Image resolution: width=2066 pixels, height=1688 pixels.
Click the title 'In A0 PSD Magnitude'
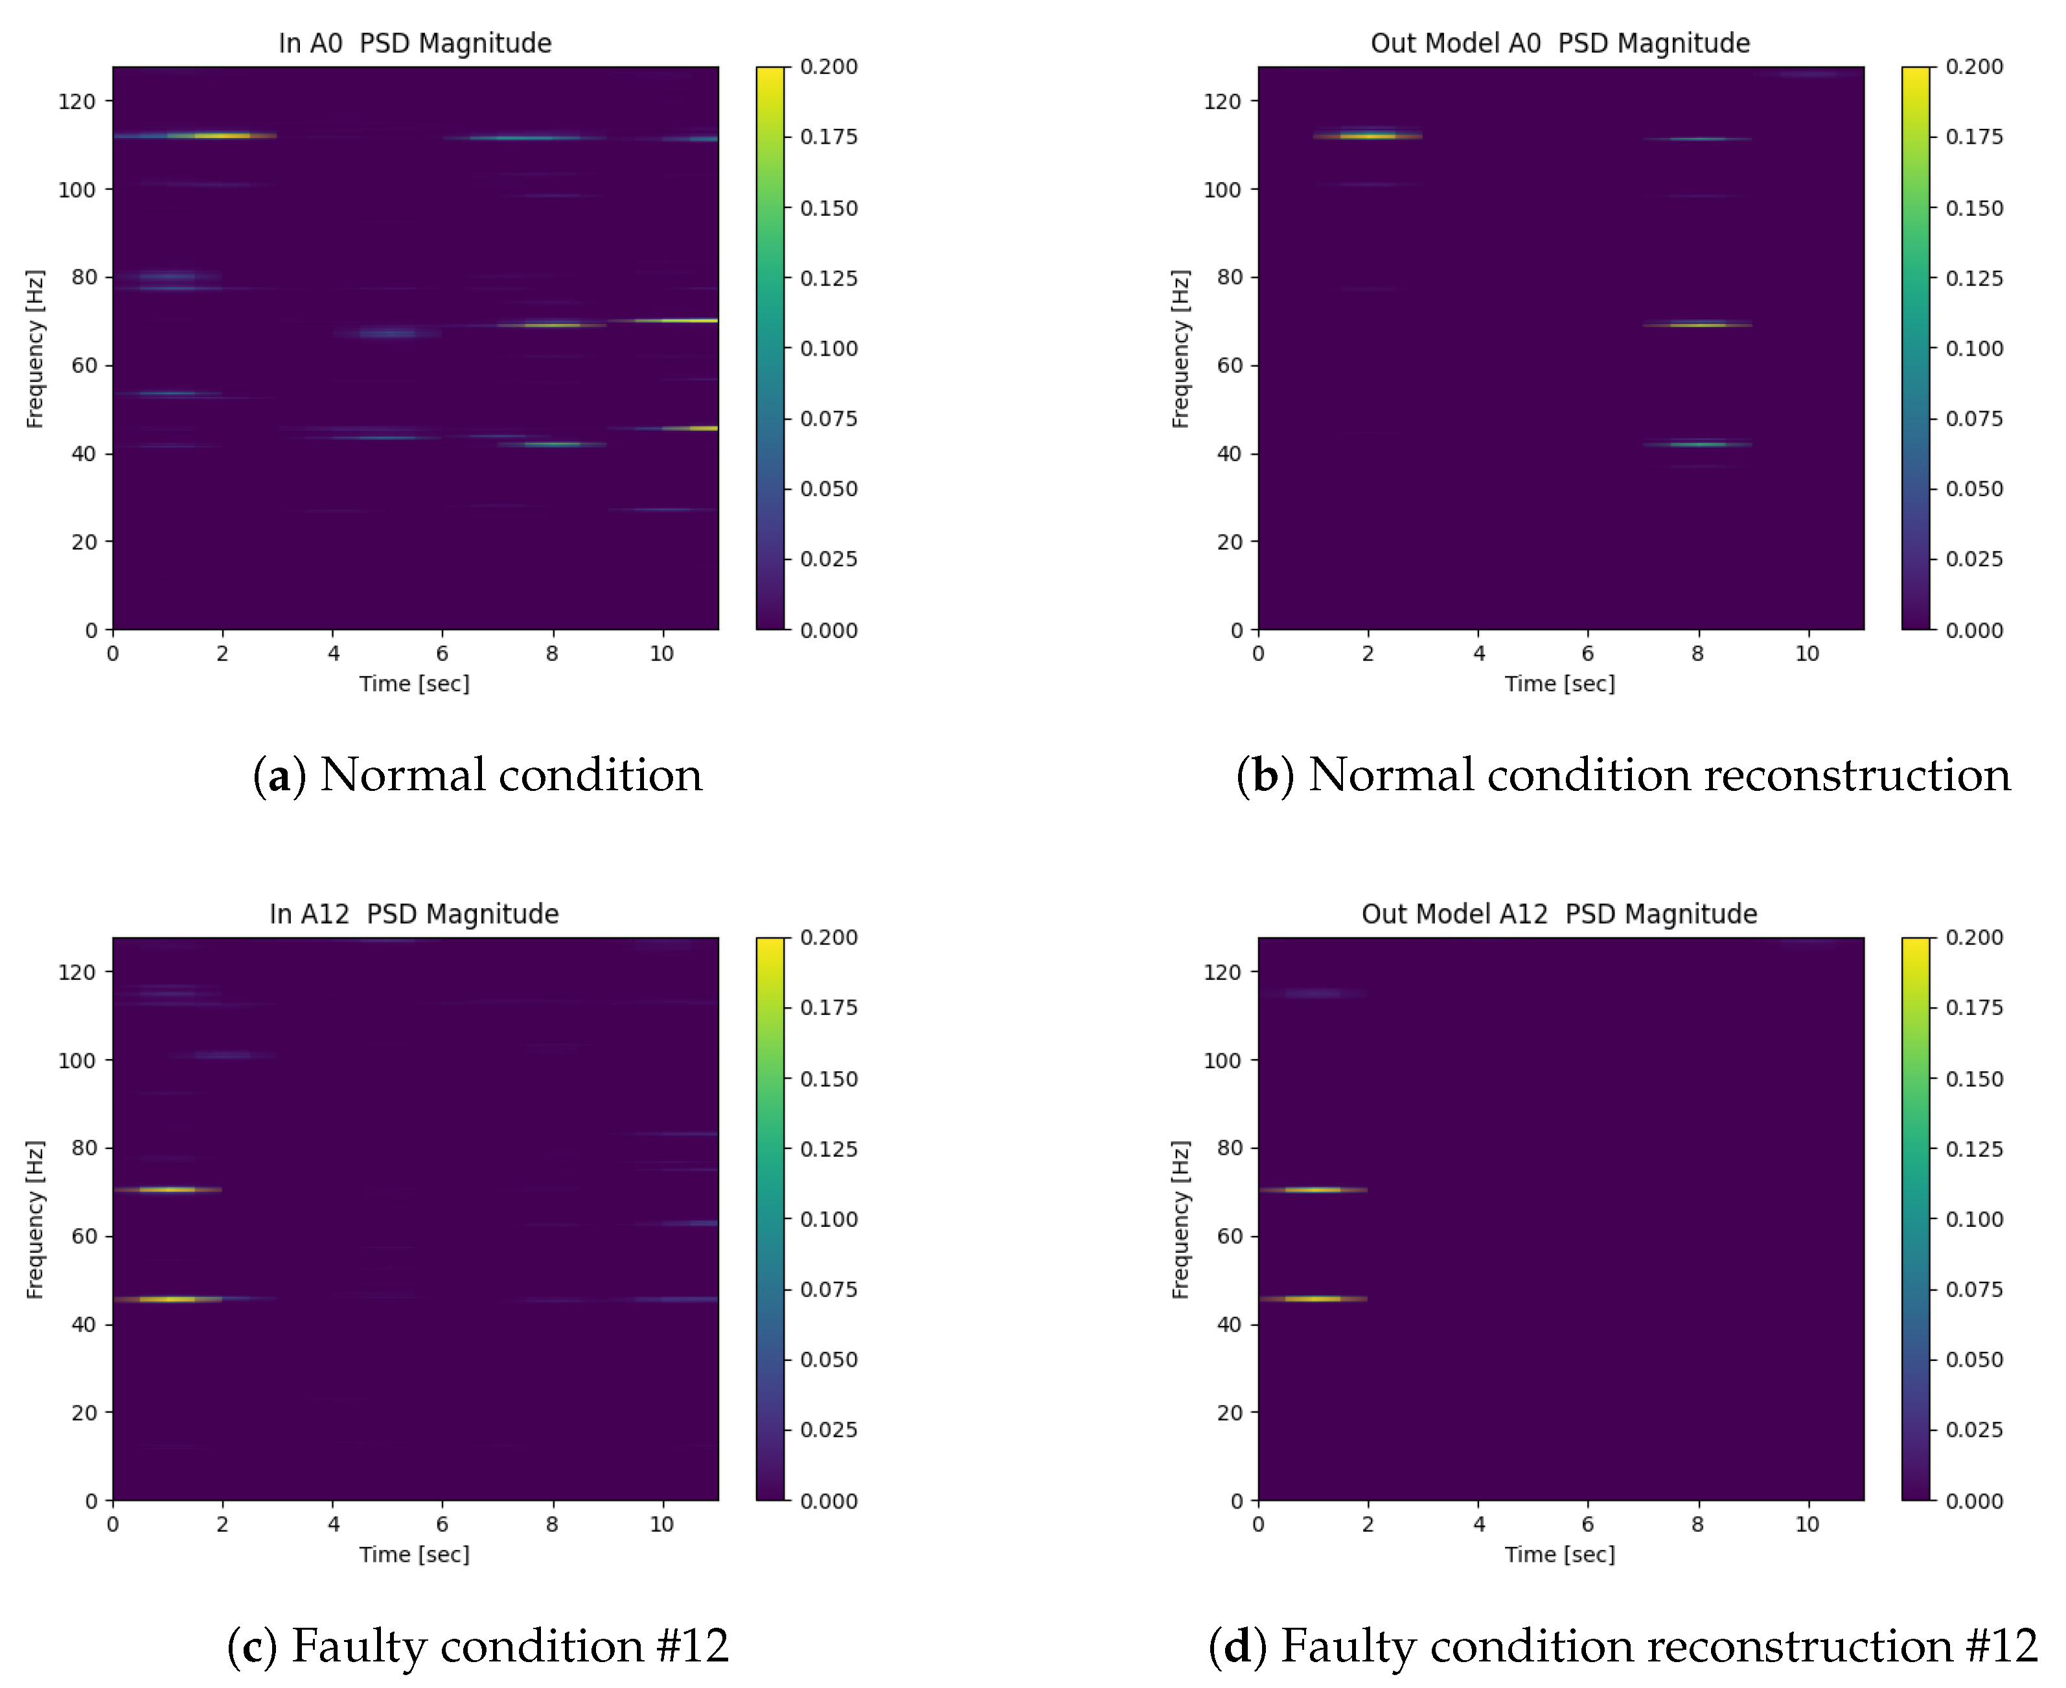click(x=415, y=43)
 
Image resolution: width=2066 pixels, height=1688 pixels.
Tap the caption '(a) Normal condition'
click(x=477, y=775)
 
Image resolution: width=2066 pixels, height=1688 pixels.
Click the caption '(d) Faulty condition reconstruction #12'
click(x=1622, y=1646)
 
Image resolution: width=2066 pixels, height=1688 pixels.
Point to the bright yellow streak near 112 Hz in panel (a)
click(x=222, y=135)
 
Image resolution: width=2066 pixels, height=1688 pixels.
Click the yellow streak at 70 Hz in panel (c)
click(x=167, y=1189)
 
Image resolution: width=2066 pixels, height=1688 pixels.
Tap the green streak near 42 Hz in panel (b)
click(x=1697, y=444)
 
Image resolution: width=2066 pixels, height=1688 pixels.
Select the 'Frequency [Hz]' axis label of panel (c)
click(x=35, y=1219)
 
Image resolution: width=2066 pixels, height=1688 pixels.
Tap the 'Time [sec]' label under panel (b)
click(x=1559, y=683)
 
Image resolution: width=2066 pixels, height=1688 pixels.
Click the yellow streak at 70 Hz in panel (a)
click(x=671, y=320)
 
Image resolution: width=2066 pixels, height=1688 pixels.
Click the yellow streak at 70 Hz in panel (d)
click(x=1313, y=1189)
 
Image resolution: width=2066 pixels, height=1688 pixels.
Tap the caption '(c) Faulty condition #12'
click(x=477, y=1646)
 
